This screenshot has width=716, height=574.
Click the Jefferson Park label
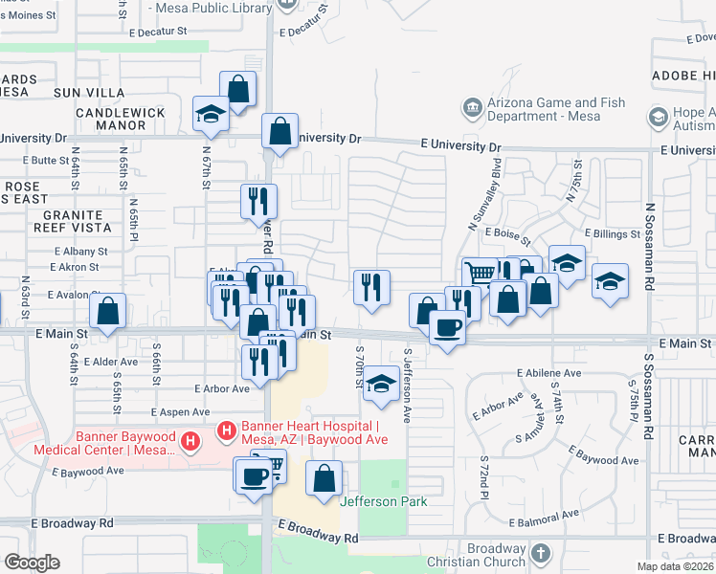[x=383, y=500]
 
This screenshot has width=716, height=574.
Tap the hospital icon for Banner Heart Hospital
[x=227, y=432]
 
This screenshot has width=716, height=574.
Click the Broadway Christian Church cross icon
[x=540, y=554]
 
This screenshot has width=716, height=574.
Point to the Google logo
[x=32, y=563]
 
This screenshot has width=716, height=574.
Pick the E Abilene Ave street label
[x=548, y=373]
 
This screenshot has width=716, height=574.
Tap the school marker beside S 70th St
[x=381, y=383]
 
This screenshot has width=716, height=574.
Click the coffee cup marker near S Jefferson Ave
[x=447, y=328]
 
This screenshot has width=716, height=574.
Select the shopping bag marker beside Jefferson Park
[x=324, y=476]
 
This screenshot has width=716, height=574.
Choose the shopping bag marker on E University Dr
[x=280, y=132]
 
